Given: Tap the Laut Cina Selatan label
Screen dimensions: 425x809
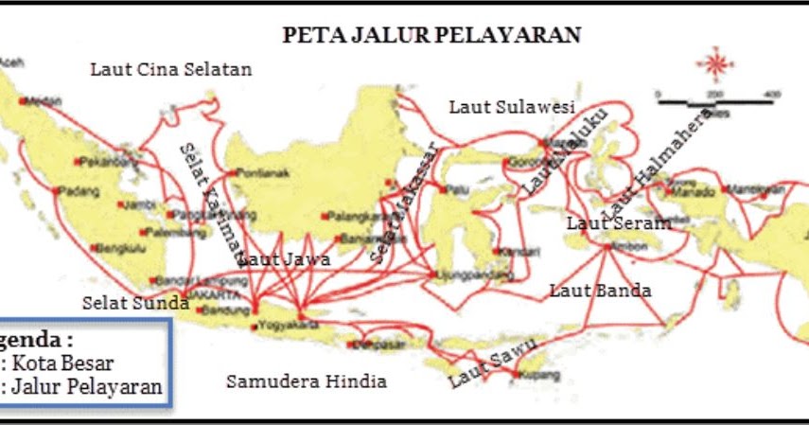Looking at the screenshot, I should tap(171, 69).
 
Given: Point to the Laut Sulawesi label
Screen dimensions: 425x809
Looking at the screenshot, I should tap(512, 107).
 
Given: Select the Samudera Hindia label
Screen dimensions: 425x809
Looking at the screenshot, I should tap(307, 381).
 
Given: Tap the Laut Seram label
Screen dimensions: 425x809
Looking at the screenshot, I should tap(619, 223).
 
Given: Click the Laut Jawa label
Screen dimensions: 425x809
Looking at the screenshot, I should tap(284, 257).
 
